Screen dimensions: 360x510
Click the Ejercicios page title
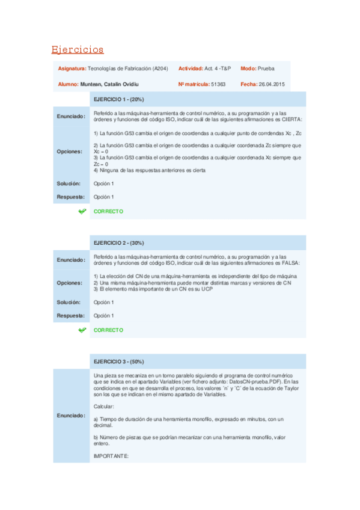click(78, 49)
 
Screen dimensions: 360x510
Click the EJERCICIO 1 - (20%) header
click(119, 99)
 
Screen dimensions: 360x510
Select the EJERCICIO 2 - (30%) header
click(119, 242)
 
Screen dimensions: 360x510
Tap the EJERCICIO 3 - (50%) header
click(119, 361)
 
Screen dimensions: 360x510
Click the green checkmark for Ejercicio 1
click(82, 212)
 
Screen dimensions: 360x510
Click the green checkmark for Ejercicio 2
click(82, 330)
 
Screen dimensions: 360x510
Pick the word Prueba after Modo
click(266, 69)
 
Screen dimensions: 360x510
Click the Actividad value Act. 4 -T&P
click(218, 69)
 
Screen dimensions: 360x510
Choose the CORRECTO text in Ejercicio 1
click(108, 212)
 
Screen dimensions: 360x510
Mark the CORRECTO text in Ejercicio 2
click(108, 330)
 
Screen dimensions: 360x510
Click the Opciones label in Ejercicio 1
click(70, 152)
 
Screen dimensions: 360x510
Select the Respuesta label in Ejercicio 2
click(71, 316)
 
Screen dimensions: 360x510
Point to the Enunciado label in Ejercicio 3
click(71, 416)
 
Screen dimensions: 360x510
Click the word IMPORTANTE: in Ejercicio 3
click(111, 456)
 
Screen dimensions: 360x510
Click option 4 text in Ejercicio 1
click(150, 170)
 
